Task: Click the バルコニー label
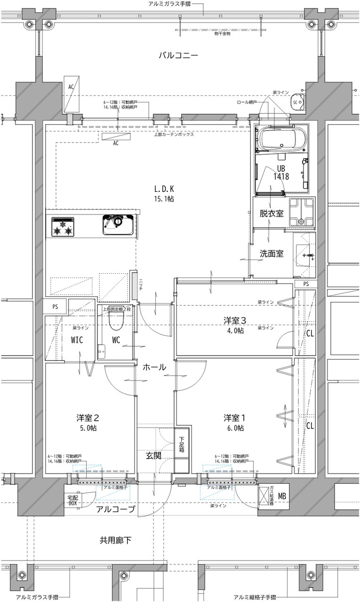coord(178,56)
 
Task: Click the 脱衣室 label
coord(271,214)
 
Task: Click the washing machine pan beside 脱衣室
coord(302,212)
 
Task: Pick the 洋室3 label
coord(234,321)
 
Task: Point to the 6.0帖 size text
coord(234,428)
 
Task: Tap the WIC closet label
coord(78,340)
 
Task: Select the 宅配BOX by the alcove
coord(72,500)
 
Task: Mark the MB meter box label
coord(282,496)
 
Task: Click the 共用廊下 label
coord(115,540)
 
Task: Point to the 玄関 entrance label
coord(153,455)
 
